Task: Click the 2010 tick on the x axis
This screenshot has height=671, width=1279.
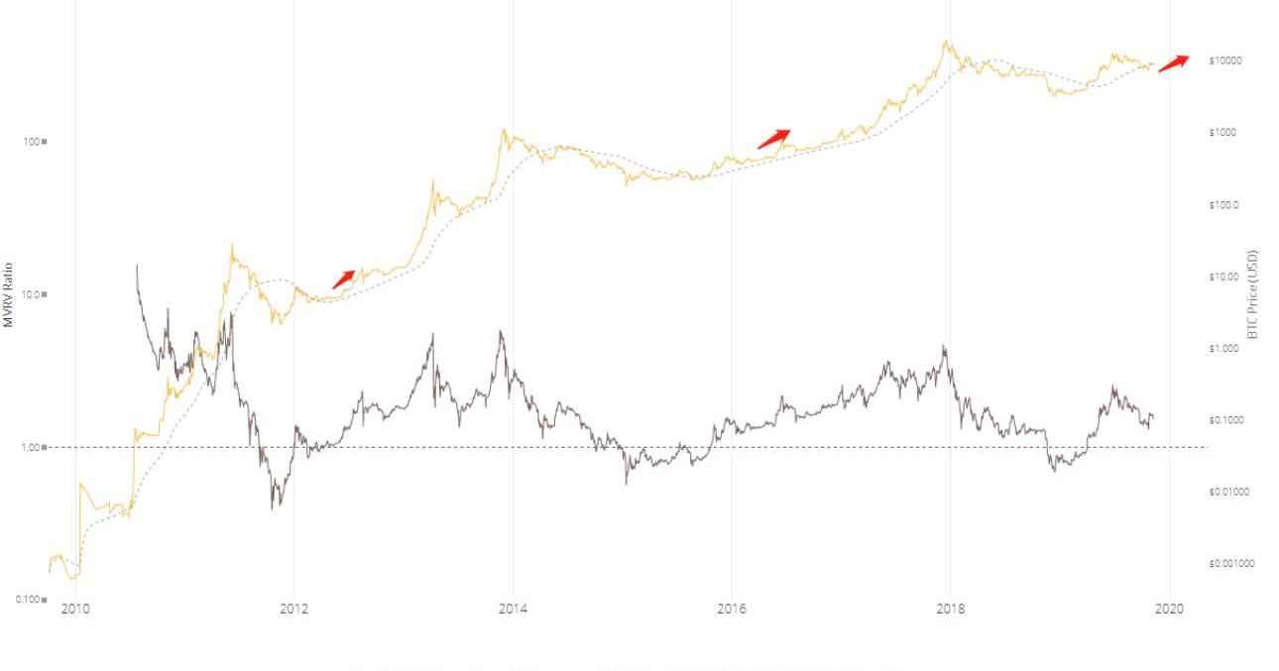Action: click(75, 609)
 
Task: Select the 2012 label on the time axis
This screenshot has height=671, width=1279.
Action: click(294, 609)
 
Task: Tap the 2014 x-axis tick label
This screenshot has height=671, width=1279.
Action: click(513, 609)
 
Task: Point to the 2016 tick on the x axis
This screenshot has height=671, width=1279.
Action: click(732, 609)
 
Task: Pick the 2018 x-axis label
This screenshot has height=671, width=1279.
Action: click(951, 609)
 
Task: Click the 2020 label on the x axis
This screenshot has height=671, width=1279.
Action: click(1169, 609)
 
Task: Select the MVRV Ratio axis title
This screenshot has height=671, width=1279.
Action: click(8, 294)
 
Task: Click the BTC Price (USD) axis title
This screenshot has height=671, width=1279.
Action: click(1252, 294)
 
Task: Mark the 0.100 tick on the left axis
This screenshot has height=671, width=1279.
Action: click(31, 599)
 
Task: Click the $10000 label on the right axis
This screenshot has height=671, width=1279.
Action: click(1225, 60)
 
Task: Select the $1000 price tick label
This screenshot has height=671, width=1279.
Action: click(1223, 132)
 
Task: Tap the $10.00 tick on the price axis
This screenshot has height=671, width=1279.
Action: click(1224, 277)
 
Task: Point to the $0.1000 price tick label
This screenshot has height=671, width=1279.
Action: click(1226, 420)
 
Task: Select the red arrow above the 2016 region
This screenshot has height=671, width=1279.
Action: click(774, 139)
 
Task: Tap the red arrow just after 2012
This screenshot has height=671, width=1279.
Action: click(343, 279)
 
